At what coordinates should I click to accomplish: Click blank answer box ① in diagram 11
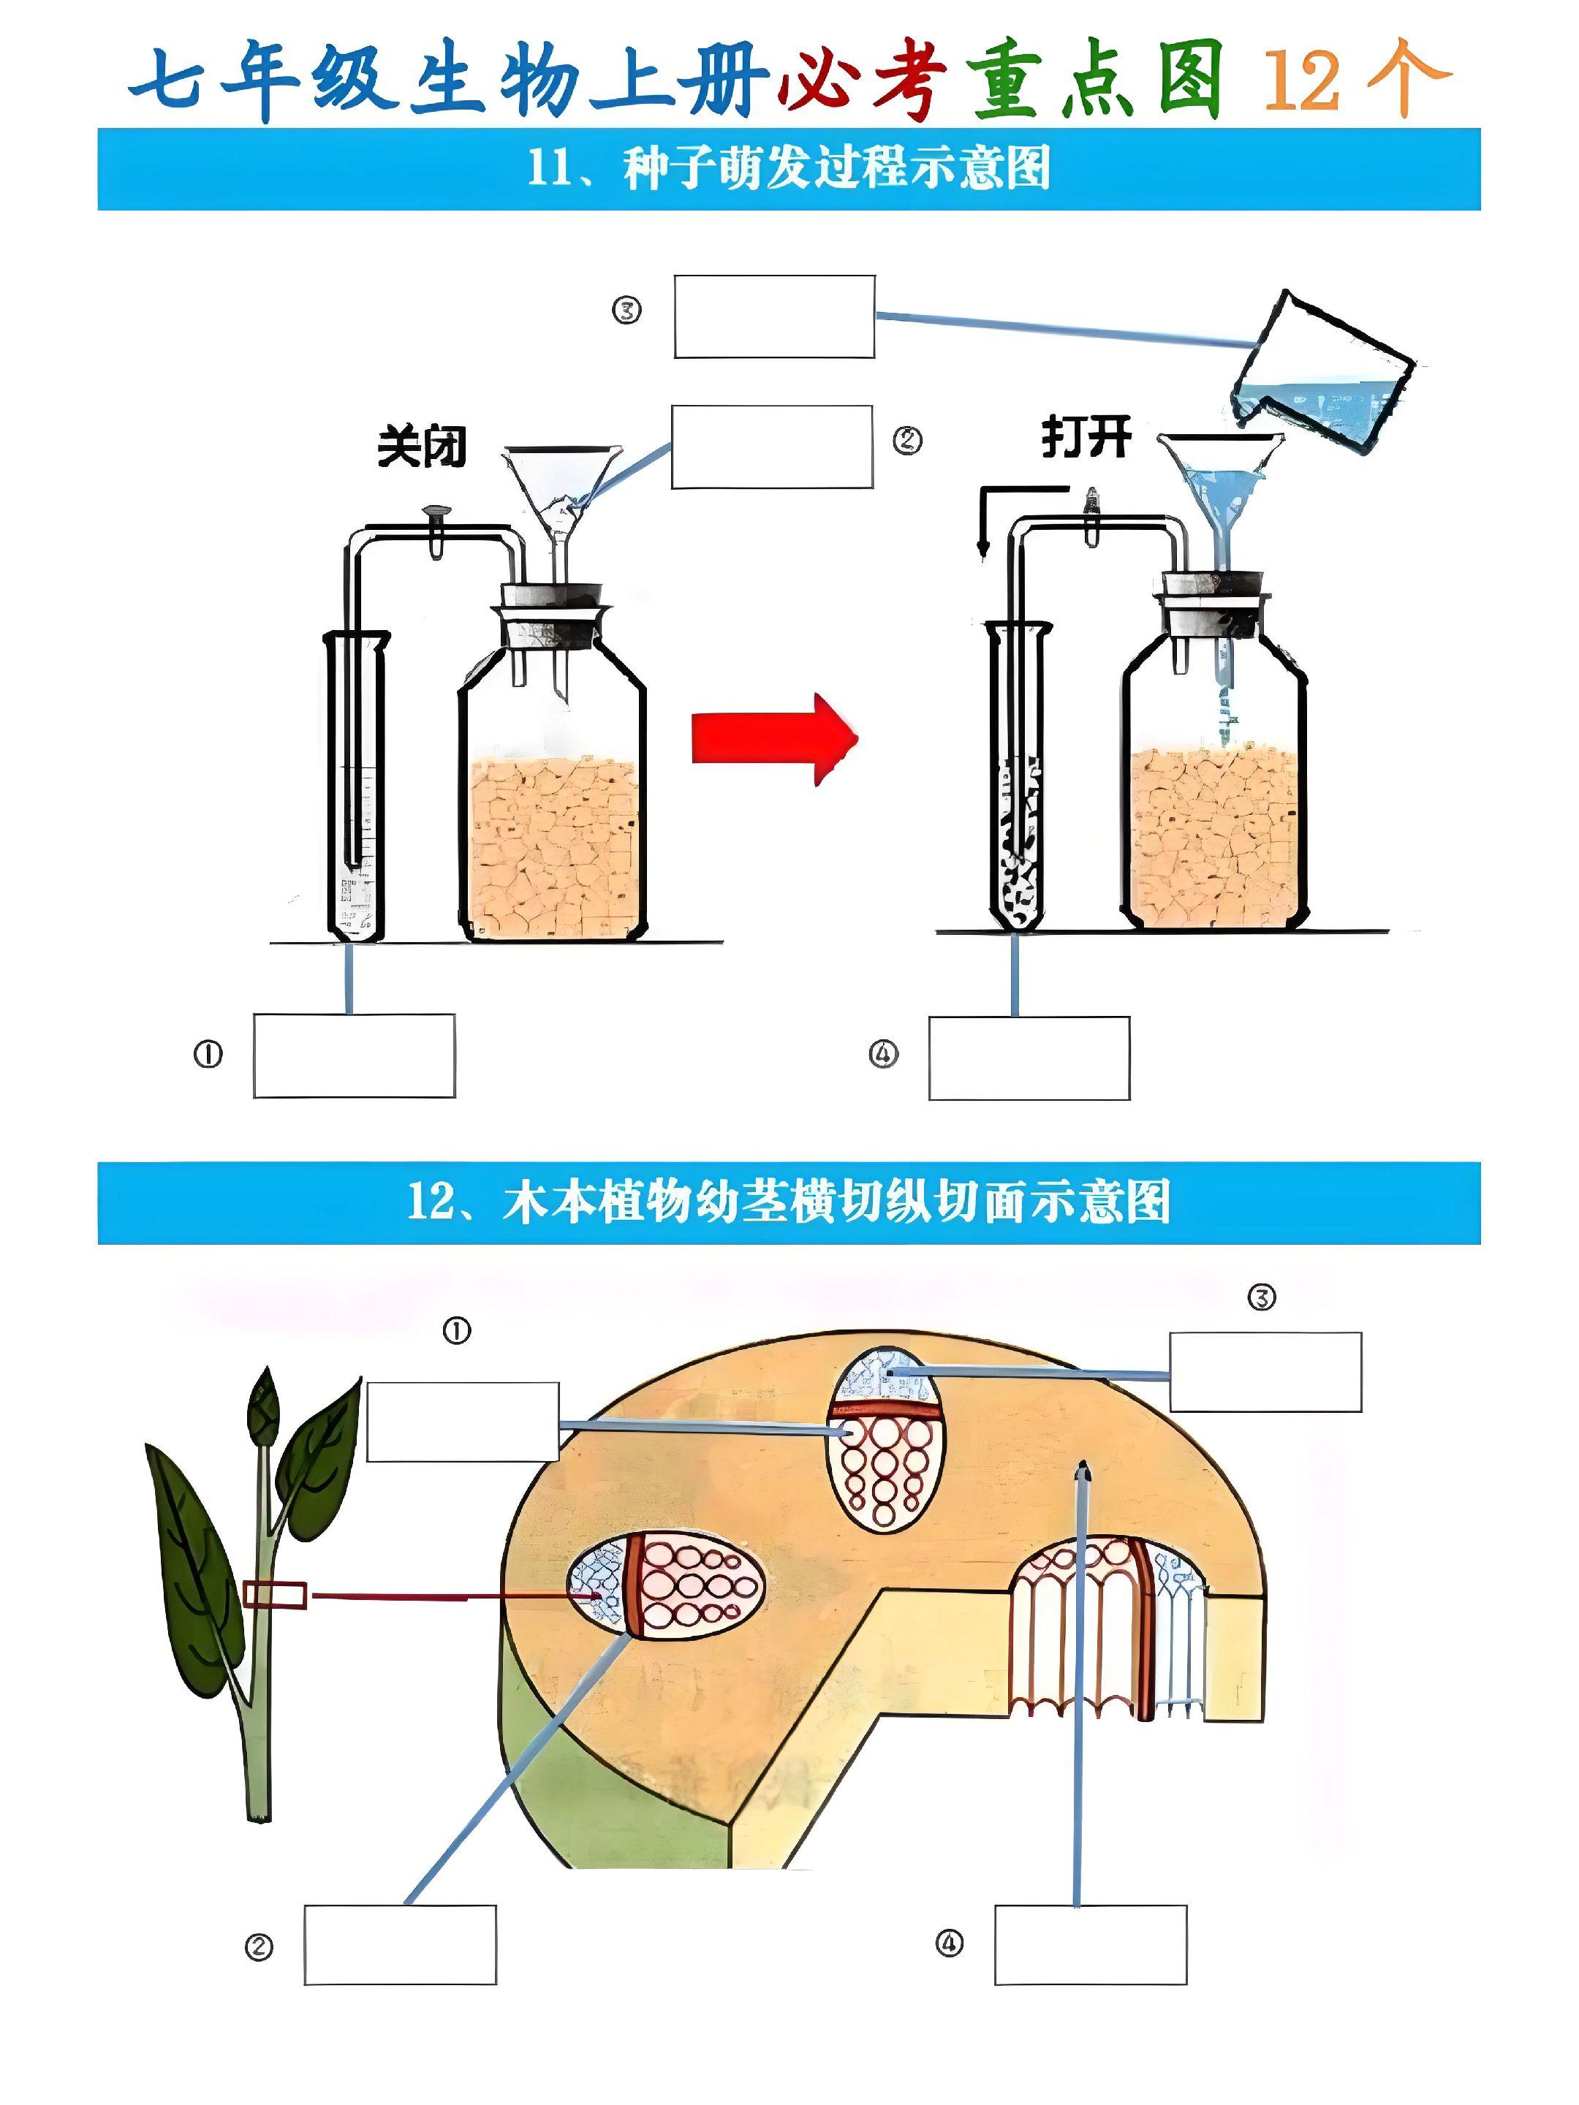point(354,1055)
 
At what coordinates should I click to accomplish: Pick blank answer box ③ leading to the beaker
point(774,317)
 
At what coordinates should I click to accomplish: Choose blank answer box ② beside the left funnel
point(772,447)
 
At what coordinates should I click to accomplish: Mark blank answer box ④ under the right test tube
point(1029,1058)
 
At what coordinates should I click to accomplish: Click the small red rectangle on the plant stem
point(275,1594)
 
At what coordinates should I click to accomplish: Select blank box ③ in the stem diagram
point(1265,1371)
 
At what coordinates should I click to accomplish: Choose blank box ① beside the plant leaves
point(463,1421)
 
